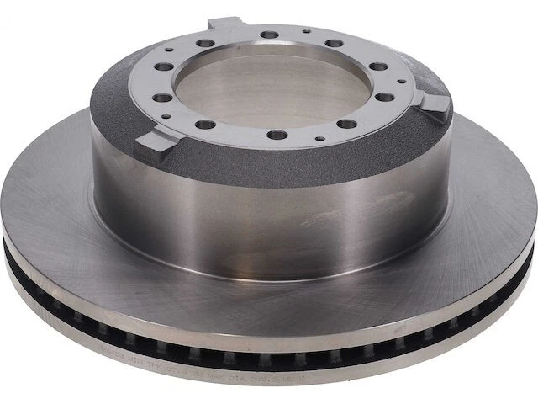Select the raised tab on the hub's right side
click(x=435, y=104)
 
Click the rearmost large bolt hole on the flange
click(x=270, y=35)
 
